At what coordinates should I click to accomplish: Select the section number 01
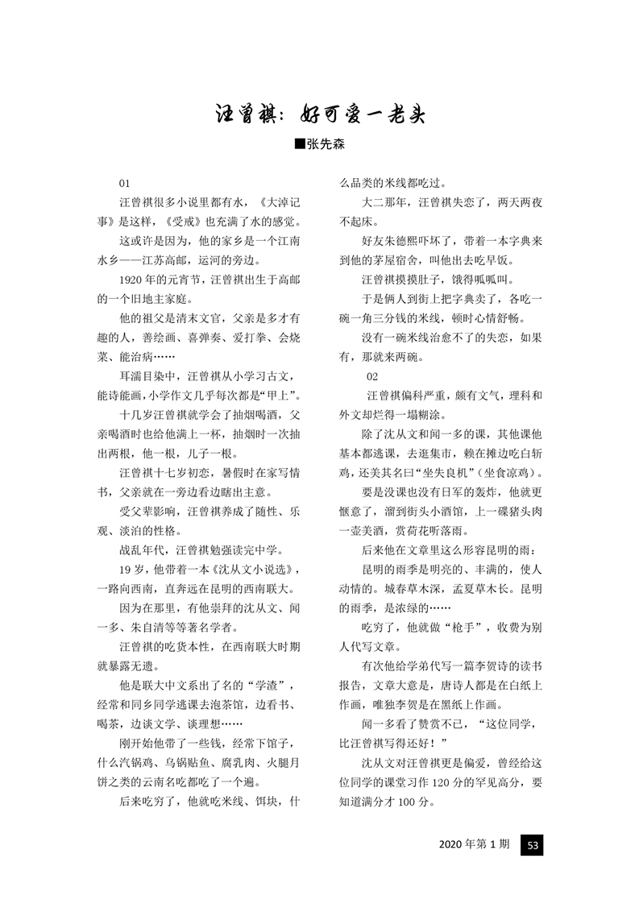(125, 184)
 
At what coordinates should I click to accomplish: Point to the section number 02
(371, 376)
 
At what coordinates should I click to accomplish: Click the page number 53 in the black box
(532, 844)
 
